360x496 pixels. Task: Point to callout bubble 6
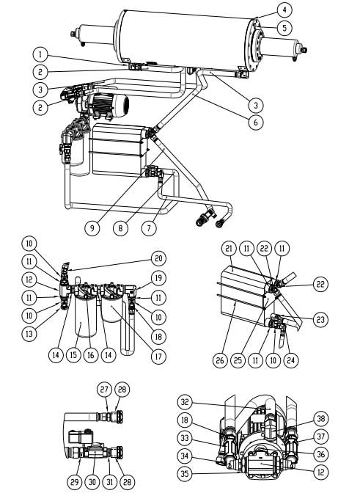tap(254, 123)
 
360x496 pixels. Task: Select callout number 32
tap(185, 402)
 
